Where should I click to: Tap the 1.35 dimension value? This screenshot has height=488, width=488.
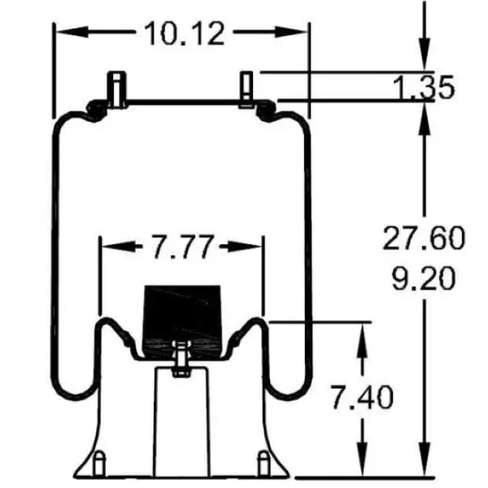click(424, 87)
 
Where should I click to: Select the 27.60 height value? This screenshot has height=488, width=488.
click(424, 238)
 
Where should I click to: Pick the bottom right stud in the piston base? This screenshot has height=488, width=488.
click(264, 463)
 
